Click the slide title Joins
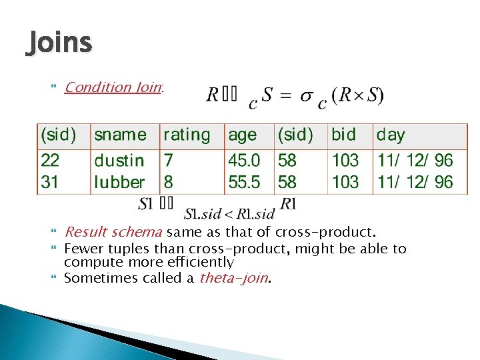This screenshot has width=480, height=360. [x=59, y=43]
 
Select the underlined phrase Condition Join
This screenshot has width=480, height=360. [x=113, y=87]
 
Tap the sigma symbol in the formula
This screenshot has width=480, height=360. [x=306, y=95]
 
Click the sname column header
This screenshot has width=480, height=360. [x=120, y=135]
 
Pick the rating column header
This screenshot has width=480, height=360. [x=187, y=135]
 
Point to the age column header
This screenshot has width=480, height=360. [x=242, y=135]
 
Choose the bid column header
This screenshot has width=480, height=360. [x=343, y=135]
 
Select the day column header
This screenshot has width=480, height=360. [x=391, y=135]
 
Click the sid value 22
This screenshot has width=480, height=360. [x=50, y=160]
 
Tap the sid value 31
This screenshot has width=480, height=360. [x=50, y=181]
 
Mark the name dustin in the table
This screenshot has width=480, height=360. [x=119, y=160]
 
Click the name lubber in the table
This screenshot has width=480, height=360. [x=119, y=181]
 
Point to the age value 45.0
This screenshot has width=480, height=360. [x=244, y=160]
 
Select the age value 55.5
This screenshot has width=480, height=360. [x=244, y=181]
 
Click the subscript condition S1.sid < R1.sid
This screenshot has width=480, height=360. [x=229, y=214]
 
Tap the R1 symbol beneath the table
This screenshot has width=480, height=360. [x=288, y=203]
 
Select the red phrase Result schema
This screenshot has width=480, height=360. [x=113, y=232]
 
